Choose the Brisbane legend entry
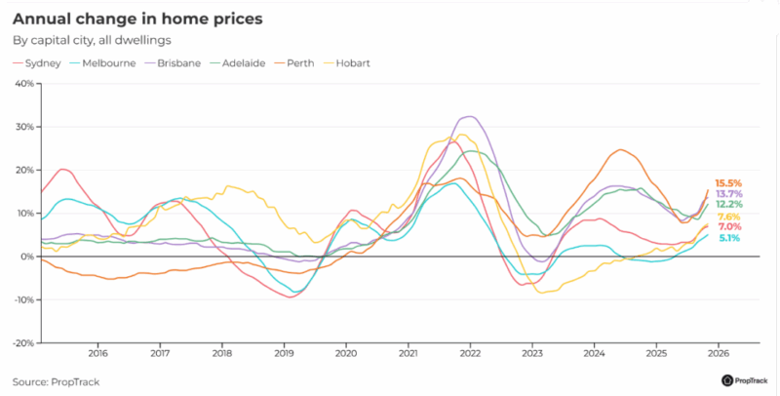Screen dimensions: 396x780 click(x=176, y=63)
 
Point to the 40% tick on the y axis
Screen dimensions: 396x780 click(x=24, y=84)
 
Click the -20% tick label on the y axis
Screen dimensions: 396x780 click(x=22, y=343)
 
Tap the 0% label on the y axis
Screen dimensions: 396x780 click(x=27, y=257)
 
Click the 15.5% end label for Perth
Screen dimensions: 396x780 click(x=728, y=183)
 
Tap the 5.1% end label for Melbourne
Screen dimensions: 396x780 click(x=729, y=238)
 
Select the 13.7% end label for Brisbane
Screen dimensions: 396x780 click(x=728, y=194)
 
